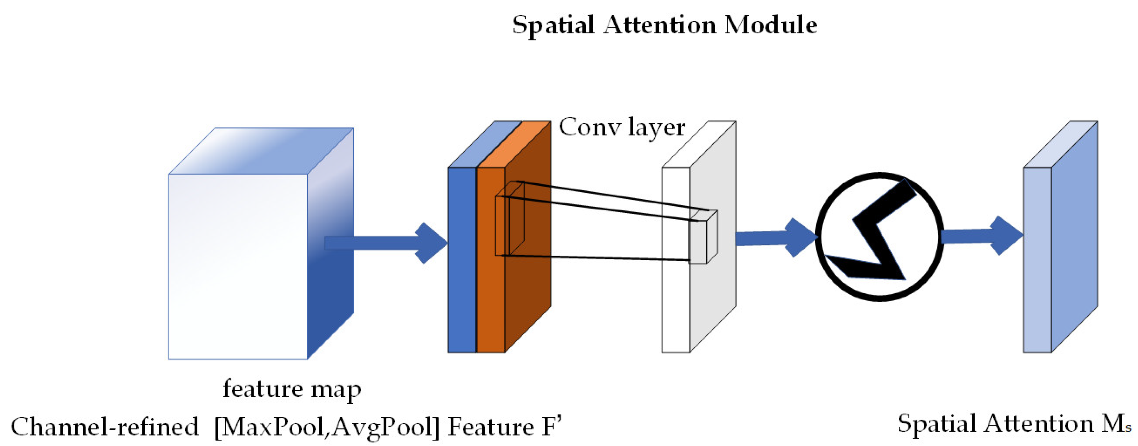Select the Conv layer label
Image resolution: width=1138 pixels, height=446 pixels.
pyautogui.click(x=622, y=127)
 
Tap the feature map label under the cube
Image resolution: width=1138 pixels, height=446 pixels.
pyautogui.click(x=292, y=389)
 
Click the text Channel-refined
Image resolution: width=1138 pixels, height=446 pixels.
pyautogui.click(x=105, y=427)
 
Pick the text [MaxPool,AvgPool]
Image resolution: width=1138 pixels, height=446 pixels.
pyautogui.click(x=327, y=427)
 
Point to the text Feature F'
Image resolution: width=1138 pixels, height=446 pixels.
pyautogui.click(x=504, y=427)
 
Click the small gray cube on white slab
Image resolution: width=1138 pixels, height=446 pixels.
pyautogui.click(x=701, y=241)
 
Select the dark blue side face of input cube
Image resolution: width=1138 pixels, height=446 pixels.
pyautogui.click(x=331, y=287)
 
